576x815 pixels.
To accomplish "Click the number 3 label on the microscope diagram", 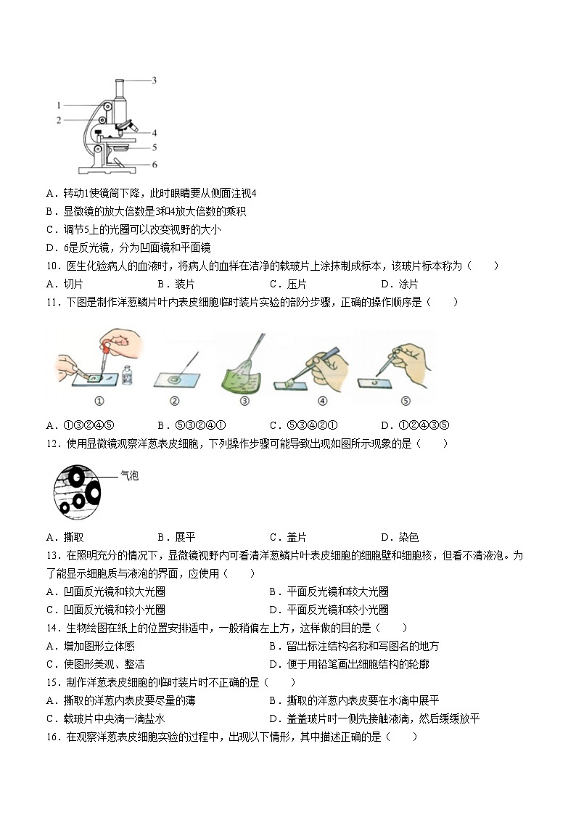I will pyautogui.click(x=155, y=81).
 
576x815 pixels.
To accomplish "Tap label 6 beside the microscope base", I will pyautogui.click(x=155, y=165).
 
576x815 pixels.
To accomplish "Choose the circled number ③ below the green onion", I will pyautogui.click(x=244, y=400).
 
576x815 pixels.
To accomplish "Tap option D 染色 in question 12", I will pyautogui.click(x=399, y=538).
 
